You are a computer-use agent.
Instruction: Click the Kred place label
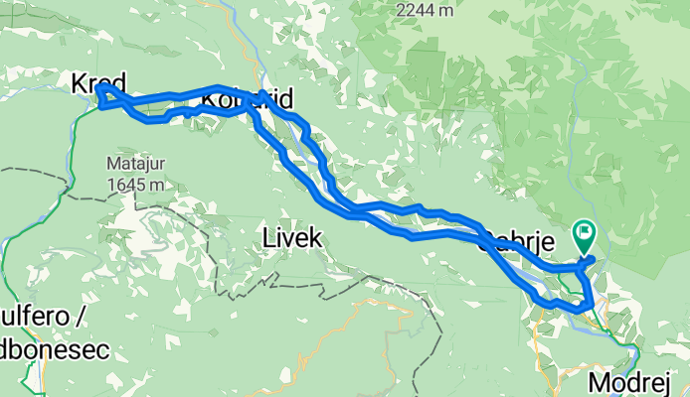point(98,85)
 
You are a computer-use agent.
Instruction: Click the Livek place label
point(291,237)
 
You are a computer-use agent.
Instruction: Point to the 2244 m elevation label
point(425,10)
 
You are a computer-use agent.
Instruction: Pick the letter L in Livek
point(268,237)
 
